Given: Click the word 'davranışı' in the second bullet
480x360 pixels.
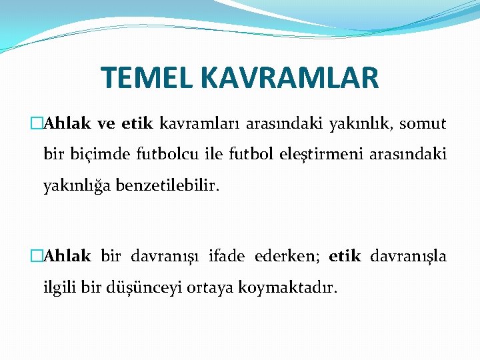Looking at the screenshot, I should (x=165, y=256).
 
